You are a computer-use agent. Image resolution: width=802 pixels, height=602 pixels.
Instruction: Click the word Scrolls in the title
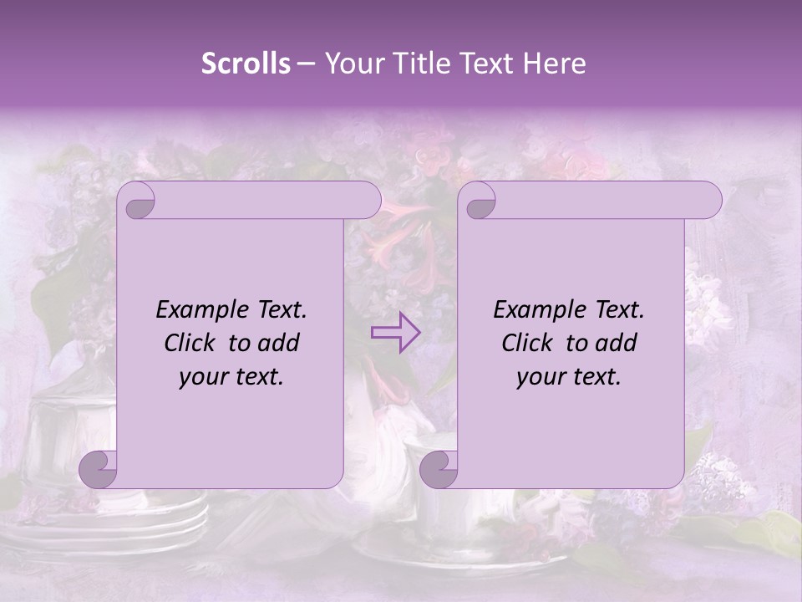246,64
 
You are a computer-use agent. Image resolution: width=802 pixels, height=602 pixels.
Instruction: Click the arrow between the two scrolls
396,332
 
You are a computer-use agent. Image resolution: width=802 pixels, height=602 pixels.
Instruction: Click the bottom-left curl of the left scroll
99,469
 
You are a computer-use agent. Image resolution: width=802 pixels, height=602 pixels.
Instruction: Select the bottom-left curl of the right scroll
439,469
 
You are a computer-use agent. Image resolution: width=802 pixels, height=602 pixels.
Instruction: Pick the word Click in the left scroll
190,343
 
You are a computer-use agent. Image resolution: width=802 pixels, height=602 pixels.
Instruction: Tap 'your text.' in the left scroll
231,376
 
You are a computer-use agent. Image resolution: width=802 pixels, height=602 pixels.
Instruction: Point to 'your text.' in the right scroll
569,376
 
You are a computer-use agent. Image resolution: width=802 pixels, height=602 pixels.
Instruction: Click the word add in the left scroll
279,343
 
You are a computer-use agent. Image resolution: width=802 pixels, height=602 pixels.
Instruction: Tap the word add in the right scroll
617,343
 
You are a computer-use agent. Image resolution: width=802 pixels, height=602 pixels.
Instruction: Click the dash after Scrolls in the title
306,64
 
